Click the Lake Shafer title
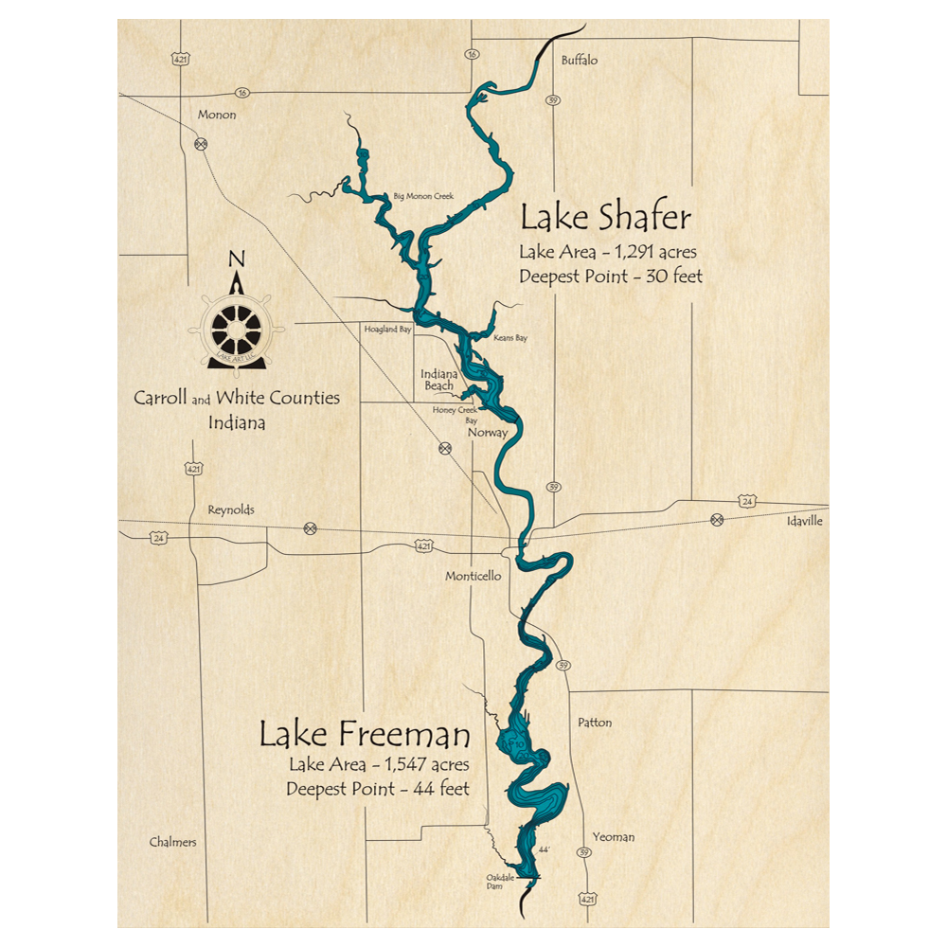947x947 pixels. (606, 218)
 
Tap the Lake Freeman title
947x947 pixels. (365, 734)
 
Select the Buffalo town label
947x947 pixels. (580, 60)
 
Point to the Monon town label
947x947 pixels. (216, 115)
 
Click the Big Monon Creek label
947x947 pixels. (423, 196)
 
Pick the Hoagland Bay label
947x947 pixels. (388, 330)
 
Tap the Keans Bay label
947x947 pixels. (510, 337)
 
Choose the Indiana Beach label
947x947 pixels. (438, 380)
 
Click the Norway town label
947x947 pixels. (489, 433)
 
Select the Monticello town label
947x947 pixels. (473, 576)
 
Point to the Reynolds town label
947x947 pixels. (231, 509)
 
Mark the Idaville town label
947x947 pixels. (805, 522)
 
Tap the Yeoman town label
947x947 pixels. (613, 836)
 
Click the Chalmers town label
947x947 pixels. (173, 842)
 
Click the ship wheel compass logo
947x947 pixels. (237, 327)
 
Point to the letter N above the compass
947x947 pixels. (237, 259)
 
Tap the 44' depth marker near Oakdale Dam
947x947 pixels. (544, 850)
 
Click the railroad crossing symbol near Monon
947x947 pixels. (201, 144)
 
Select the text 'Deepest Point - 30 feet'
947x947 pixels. (611, 277)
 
